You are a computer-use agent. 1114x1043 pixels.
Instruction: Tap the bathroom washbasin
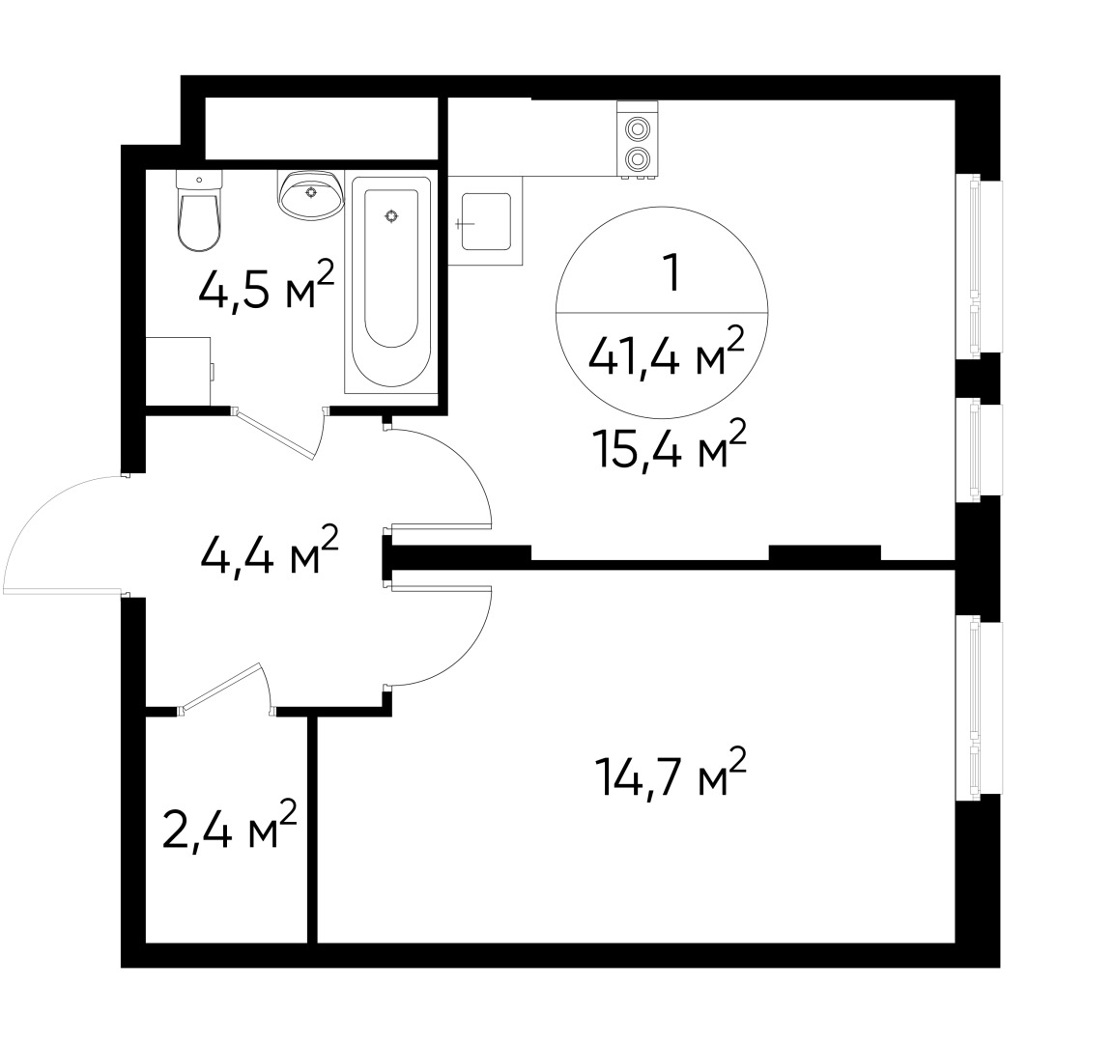click(x=310, y=194)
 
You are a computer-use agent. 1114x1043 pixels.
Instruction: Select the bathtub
click(x=391, y=285)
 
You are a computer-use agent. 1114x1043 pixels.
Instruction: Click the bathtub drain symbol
click(x=391, y=216)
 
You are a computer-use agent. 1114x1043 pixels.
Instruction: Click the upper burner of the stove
click(x=637, y=128)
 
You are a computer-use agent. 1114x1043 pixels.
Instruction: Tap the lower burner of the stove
click(x=637, y=158)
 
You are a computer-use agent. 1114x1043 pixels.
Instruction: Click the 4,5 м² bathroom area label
click(x=266, y=287)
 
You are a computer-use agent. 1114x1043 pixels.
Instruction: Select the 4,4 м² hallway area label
click(x=269, y=553)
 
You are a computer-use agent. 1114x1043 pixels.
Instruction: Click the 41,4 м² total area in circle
click(x=667, y=356)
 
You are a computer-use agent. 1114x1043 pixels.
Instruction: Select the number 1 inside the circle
click(x=667, y=274)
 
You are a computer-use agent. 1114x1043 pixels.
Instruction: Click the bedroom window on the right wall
click(x=979, y=711)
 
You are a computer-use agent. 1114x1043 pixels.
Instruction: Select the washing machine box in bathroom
click(x=178, y=371)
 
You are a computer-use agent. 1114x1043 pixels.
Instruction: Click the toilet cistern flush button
click(x=198, y=180)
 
